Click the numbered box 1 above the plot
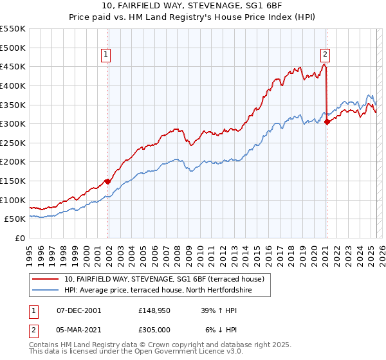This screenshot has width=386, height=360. (x=106, y=55)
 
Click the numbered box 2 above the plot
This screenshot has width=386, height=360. (x=326, y=55)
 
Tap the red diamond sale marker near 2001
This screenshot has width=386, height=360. (x=107, y=181)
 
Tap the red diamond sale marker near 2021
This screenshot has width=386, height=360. (x=327, y=122)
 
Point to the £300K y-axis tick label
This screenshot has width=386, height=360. (x=12, y=123)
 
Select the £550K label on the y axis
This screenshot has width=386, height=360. (x=12, y=29)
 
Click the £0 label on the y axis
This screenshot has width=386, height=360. (x=19, y=238)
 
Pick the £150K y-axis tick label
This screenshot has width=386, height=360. (x=12, y=181)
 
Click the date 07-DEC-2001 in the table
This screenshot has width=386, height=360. (x=79, y=310)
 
